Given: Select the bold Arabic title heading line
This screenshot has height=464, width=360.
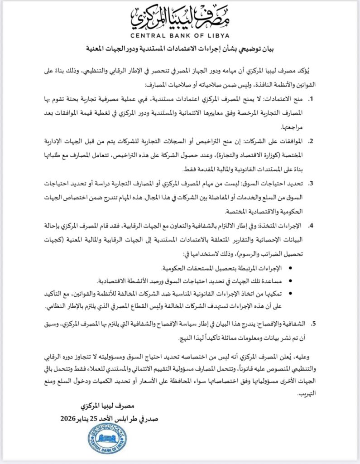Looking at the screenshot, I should pyautogui.click(x=180, y=48).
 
